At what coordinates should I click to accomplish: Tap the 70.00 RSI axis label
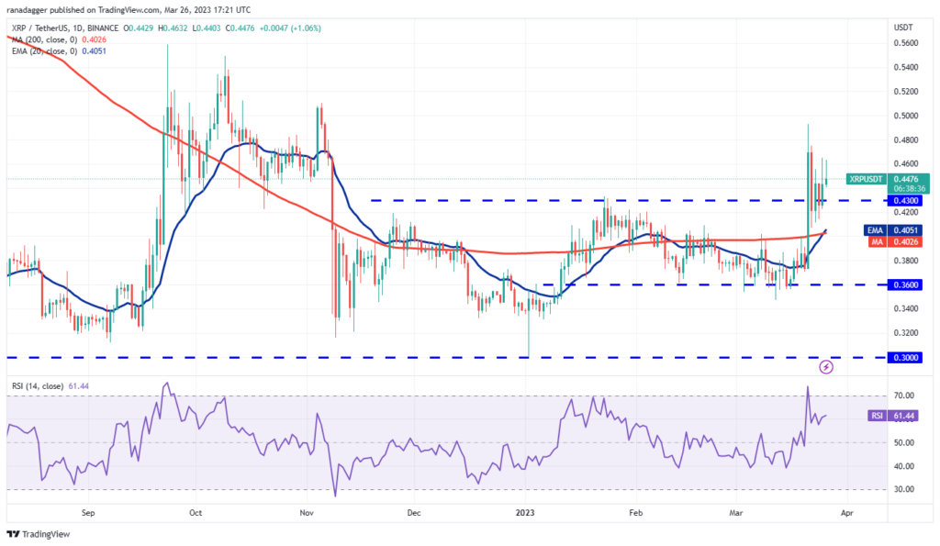904,396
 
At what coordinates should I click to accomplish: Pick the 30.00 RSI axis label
904,489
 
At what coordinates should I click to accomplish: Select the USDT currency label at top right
904,27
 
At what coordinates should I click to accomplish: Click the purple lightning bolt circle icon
825,367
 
